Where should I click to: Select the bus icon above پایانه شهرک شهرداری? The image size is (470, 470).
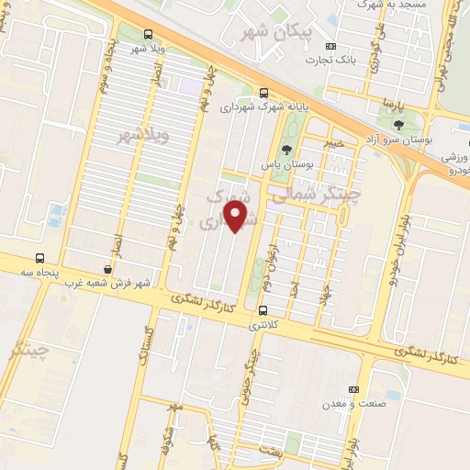pos(264,93)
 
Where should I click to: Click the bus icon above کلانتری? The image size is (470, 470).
pos(263,310)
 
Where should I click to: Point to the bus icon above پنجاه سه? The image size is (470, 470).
pos(39,259)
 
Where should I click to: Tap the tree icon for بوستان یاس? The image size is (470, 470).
pos(288,150)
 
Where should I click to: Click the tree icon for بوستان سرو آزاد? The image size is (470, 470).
pos(397,125)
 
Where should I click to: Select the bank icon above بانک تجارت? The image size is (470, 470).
pos(331,46)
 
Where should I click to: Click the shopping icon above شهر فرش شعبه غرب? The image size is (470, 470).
pos(108,269)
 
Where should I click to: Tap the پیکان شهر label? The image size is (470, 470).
pos(274,32)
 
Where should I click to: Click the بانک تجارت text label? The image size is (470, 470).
pos(331,61)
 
